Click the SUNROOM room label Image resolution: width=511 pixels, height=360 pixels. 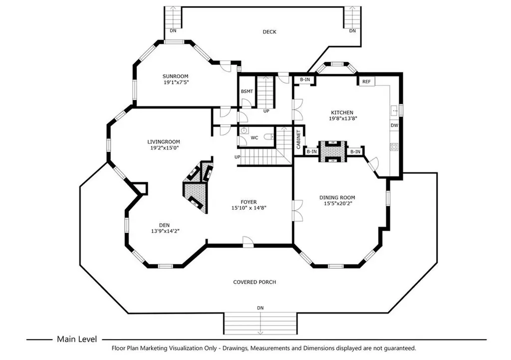pyautogui.click(x=175, y=76)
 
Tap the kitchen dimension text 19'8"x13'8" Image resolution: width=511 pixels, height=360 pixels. pyautogui.click(x=343, y=119)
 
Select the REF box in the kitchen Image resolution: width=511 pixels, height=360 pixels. pyautogui.click(x=367, y=81)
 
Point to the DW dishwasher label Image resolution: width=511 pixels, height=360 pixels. pyautogui.click(x=394, y=125)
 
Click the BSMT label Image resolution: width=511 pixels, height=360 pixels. pyautogui.click(x=247, y=91)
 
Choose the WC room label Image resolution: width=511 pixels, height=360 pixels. pyautogui.click(x=254, y=138)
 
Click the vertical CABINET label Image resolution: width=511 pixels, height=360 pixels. pyautogui.click(x=298, y=140)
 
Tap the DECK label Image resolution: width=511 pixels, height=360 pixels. pyautogui.click(x=269, y=31)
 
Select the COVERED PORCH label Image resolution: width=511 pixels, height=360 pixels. pyautogui.click(x=255, y=282)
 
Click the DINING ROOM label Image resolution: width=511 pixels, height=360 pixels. pyautogui.click(x=337, y=197)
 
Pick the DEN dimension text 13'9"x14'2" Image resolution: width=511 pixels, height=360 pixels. pyautogui.click(x=165, y=231)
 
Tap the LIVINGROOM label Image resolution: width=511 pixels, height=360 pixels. pyautogui.click(x=164, y=142)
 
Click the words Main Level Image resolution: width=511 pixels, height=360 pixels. pyautogui.click(x=77, y=339)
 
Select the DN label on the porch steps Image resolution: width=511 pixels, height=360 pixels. pyautogui.click(x=260, y=308)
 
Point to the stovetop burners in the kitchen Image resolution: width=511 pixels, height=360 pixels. pyautogui.click(x=394, y=147)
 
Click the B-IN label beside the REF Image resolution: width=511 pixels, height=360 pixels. pyautogui.click(x=305, y=79)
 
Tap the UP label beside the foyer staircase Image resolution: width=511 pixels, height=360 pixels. pyautogui.click(x=237, y=157)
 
